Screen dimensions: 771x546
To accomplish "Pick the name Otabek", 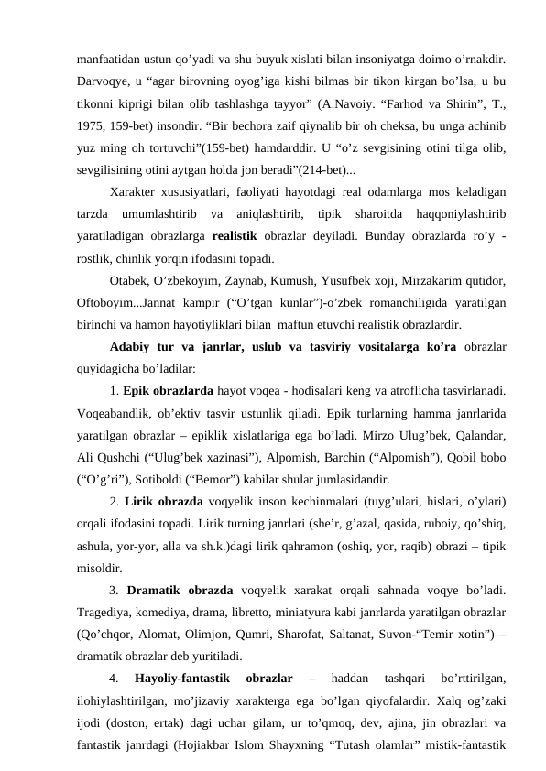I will [128, 280].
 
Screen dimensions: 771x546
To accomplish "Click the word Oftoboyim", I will [105, 302].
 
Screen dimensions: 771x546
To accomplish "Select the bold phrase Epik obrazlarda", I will [163, 391].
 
